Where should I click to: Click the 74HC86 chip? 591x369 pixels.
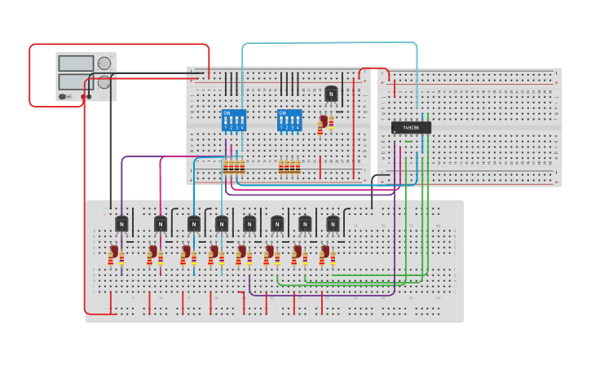coord(411,127)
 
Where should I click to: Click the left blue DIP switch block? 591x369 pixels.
coord(233,121)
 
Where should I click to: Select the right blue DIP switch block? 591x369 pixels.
coord(289,121)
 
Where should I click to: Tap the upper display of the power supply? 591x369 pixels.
coord(77,64)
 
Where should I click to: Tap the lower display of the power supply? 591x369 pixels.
coord(77,81)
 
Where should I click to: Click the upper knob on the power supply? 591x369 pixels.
coord(104,64)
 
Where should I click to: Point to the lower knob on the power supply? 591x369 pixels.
coord(104,82)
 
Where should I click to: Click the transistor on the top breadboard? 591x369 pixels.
coord(331,94)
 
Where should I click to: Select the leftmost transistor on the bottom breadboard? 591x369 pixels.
coord(121,224)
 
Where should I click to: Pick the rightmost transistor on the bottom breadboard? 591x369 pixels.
coord(333,224)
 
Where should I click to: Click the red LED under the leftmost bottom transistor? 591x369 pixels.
coord(114,253)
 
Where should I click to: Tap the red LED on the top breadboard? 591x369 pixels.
coord(324,123)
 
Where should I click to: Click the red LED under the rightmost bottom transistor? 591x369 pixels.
coord(324,253)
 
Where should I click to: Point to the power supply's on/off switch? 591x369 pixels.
coord(64,97)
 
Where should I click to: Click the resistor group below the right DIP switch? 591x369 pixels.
coord(289,167)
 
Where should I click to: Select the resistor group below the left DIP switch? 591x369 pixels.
coord(234,167)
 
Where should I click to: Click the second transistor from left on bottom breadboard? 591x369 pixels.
coord(161,224)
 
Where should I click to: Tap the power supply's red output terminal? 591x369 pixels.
coord(89,97)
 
